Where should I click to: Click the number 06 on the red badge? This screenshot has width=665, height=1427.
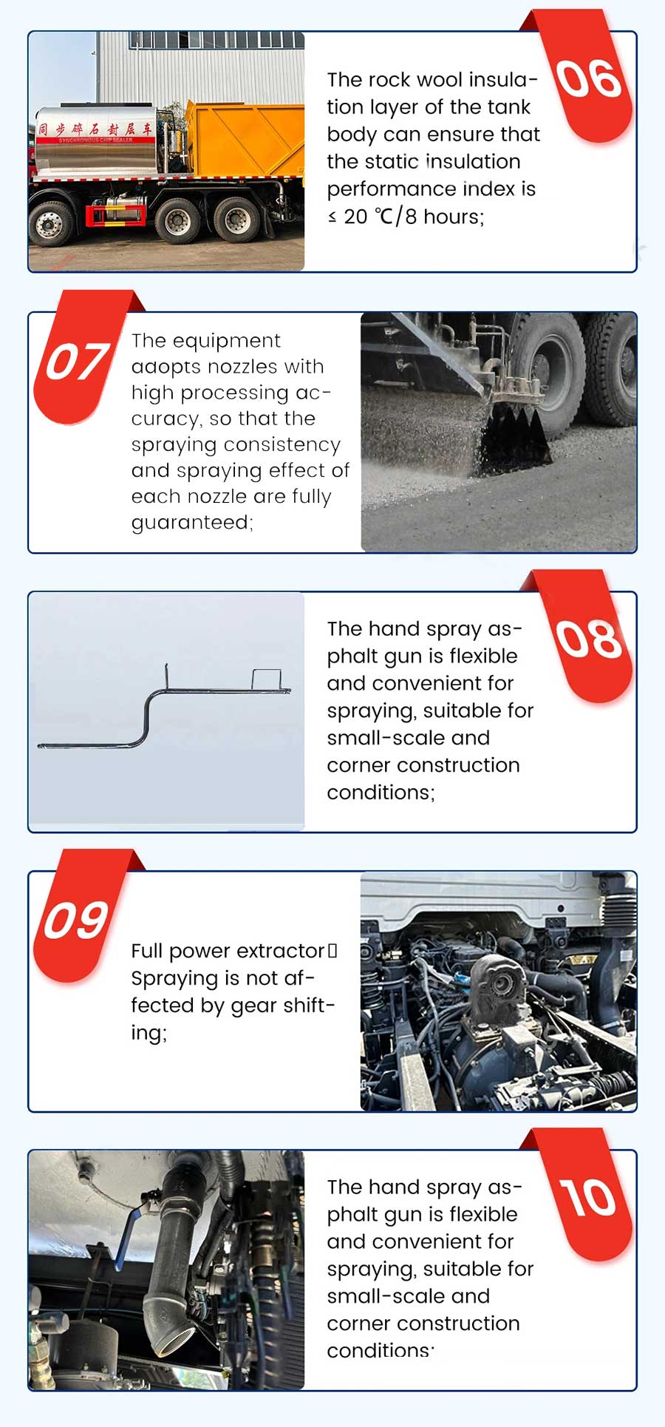point(589,79)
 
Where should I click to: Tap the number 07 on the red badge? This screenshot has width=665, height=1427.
point(77,362)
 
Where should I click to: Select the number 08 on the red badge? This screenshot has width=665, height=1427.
point(589,639)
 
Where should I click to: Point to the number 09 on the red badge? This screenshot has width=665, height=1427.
point(76,921)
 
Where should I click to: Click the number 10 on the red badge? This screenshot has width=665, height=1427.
point(588,1197)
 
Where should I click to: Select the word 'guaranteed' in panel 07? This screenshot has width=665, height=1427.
point(191,523)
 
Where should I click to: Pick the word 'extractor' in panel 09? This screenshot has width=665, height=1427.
point(281,951)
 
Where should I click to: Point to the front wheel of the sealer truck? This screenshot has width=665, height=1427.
point(50,222)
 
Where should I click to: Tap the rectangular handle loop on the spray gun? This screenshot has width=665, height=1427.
point(266,678)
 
